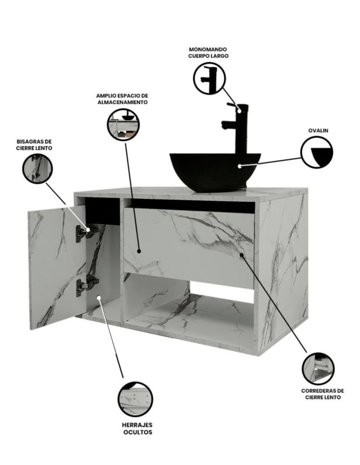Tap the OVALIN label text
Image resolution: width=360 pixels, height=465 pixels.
(x=319, y=131)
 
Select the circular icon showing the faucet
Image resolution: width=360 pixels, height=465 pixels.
(x=209, y=78)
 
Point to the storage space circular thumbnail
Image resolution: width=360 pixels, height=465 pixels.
(x=123, y=123)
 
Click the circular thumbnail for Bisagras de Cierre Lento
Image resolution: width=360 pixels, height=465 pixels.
(x=37, y=168)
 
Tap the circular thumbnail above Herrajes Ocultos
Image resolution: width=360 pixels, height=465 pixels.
(x=135, y=399)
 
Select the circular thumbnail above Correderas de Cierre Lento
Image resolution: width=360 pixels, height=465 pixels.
(x=318, y=368)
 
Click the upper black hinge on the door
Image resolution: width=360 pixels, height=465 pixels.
(x=87, y=232)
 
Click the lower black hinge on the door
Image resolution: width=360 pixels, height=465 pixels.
(x=87, y=284)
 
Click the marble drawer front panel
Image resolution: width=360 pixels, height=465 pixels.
(x=188, y=246)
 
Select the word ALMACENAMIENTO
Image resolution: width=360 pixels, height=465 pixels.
(x=122, y=101)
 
